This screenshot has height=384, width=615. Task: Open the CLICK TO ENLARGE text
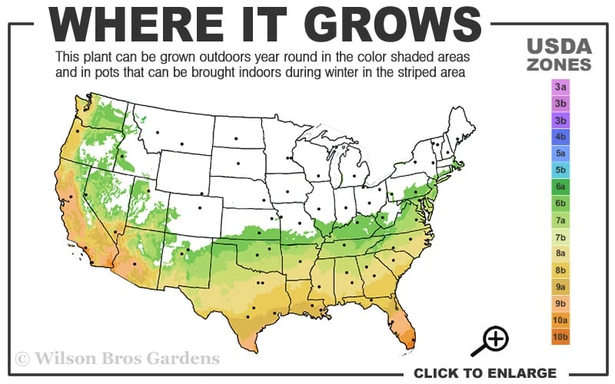coord(484,373)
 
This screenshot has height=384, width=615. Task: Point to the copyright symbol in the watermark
coord(23,359)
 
